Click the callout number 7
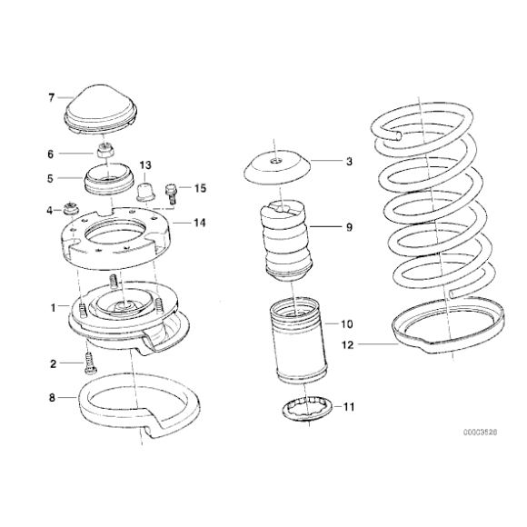pyautogui.click(x=52, y=97)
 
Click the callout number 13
pyautogui.click(x=146, y=165)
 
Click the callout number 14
pyautogui.click(x=201, y=222)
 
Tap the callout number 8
pyautogui.click(x=52, y=397)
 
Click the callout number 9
pyautogui.click(x=348, y=227)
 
